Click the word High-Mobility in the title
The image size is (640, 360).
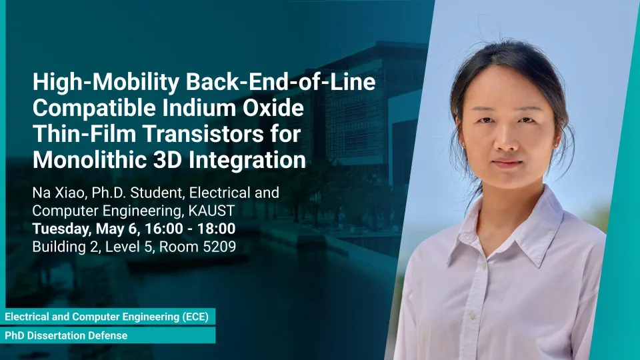106,83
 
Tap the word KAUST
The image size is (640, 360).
211,211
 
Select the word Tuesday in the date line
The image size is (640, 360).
62,229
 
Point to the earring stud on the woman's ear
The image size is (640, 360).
555,143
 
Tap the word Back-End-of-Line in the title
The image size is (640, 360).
281,82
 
